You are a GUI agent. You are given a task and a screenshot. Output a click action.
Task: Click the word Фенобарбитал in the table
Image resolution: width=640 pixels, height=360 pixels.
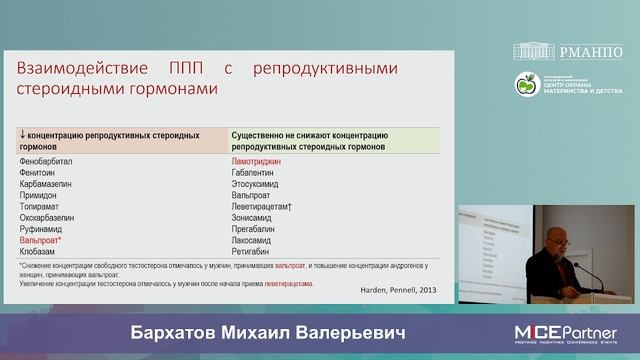point(46,160)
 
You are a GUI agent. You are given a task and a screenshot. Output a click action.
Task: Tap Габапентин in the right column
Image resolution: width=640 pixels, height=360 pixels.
point(256,172)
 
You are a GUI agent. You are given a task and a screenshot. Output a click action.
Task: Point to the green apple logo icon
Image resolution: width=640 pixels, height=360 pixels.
point(526,85)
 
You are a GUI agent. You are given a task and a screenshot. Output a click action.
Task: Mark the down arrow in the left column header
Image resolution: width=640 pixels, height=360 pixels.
point(22,134)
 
